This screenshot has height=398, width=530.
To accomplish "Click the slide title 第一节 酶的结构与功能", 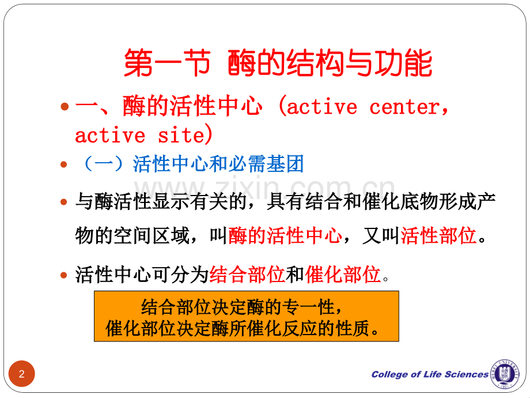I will tap(278, 63).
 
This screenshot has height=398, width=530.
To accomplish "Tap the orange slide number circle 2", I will tap(22, 374).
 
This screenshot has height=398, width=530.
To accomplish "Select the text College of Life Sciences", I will tap(430, 374).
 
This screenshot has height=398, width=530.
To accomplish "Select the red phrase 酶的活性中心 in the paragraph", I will tap(285, 236).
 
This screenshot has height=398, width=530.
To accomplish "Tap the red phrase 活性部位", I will tap(438, 236).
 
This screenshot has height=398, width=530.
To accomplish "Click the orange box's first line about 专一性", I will tap(246, 307).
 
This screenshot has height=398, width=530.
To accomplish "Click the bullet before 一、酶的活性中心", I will tap(65, 107).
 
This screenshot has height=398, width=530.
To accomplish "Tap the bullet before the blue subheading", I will tap(65, 165).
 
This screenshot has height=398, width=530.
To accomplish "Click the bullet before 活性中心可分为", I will tap(65, 276).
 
